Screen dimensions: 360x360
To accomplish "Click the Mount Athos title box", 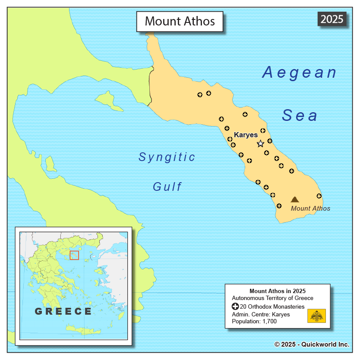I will point(180,21).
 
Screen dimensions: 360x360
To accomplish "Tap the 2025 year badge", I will point(332,19).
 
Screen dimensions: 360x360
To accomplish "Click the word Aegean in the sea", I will point(299,73).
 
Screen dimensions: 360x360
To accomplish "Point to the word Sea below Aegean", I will point(300,116).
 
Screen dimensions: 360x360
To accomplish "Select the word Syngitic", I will point(167,157).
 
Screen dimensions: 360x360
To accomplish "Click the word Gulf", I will point(167,187).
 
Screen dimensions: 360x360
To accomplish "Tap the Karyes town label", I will point(246,135).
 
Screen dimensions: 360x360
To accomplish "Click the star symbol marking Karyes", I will point(260,144).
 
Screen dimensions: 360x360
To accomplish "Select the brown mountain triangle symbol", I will point(295,199).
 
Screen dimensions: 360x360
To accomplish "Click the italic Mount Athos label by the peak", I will point(310,208).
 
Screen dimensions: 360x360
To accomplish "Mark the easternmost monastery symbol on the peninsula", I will point(319,196).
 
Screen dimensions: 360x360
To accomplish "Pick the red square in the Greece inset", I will point(74,255).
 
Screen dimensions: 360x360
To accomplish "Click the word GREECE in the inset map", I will point(63,311).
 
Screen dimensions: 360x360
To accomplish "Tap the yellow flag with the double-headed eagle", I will point(316,316).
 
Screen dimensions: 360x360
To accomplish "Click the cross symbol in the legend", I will point(235,306).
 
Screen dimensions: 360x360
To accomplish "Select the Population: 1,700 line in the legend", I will point(254,321).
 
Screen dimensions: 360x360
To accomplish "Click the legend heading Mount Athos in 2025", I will point(277,291).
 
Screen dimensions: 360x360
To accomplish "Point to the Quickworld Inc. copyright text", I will point(312,344).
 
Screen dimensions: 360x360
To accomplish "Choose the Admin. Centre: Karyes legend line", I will point(261,314).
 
